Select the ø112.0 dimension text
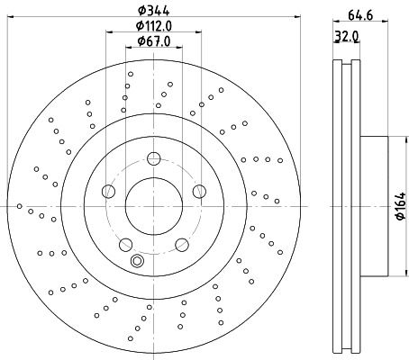(x=154, y=26)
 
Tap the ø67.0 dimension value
(x=154, y=41)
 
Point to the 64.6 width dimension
(x=359, y=15)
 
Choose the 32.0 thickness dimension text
(x=348, y=38)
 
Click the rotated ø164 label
(x=399, y=208)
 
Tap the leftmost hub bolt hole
(x=108, y=191)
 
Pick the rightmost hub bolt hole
(x=199, y=191)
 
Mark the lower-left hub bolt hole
(x=125, y=245)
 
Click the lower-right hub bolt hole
(x=181, y=245)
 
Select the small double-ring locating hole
(x=137, y=262)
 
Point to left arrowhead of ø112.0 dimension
(x=110, y=33)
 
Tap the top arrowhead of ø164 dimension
(x=394, y=139)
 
